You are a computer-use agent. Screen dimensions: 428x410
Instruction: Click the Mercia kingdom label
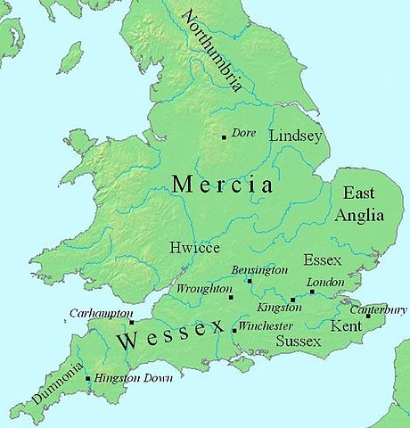[x=222, y=185]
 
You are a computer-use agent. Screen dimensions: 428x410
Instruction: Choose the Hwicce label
[x=193, y=251]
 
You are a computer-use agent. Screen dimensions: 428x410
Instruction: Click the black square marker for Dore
[x=224, y=136]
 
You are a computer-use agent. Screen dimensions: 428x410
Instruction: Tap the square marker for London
[x=312, y=292]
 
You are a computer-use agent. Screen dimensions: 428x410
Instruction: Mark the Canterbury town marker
[x=367, y=316]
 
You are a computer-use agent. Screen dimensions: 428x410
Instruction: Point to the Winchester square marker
[x=234, y=331]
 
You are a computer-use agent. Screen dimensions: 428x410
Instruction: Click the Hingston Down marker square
[x=87, y=379]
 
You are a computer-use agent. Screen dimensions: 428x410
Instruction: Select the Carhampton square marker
[x=132, y=322]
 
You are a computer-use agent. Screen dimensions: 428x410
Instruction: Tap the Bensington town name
[x=258, y=269]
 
